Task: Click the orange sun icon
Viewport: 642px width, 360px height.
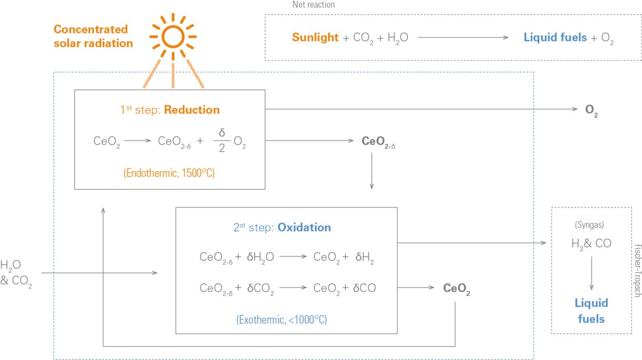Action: (173, 36)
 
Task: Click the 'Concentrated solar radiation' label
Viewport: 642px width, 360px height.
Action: (93, 36)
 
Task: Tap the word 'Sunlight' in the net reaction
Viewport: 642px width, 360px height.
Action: (316, 37)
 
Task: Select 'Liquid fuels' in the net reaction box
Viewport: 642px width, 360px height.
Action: (555, 37)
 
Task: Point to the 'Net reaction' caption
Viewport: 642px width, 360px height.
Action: (313, 4)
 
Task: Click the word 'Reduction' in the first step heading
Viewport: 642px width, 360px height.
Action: (192, 110)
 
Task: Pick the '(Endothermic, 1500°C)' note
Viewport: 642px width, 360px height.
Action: (169, 173)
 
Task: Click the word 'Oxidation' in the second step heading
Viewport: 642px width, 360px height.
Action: (304, 227)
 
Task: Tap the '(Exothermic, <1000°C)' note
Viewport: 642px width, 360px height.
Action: (281, 319)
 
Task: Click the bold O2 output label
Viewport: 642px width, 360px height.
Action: (591, 110)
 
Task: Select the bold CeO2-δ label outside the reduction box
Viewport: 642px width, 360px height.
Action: (378, 142)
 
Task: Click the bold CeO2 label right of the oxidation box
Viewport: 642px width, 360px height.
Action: (457, 289)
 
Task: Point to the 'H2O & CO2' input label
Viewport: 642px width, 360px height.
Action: (16, 273)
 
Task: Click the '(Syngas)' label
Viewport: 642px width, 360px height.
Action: (589, 224)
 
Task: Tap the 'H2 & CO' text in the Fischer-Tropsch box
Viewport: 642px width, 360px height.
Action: (591, 244)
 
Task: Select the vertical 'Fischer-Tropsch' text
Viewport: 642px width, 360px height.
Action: (637, 271)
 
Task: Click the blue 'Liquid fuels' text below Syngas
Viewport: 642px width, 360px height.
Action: (591, 311)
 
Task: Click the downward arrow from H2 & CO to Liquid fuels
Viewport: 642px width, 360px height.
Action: (591, 273)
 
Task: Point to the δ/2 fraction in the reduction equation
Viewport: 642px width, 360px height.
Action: (222, 140)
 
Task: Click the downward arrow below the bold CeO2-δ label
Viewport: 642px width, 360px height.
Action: (372, 171)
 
